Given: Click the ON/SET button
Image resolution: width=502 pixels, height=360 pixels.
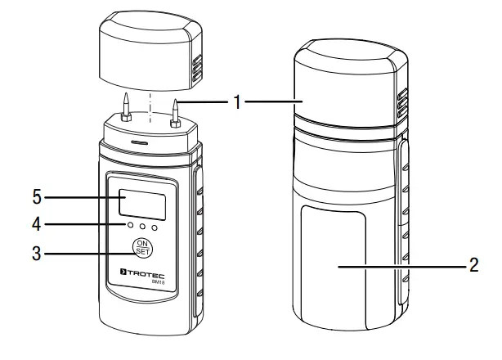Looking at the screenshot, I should pos(143,249).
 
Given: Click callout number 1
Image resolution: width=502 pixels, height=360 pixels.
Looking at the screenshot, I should pos(237,102).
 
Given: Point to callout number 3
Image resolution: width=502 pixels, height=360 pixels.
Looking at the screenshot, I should pos(36,253).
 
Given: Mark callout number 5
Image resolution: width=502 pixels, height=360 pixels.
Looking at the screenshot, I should pos(36,196).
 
